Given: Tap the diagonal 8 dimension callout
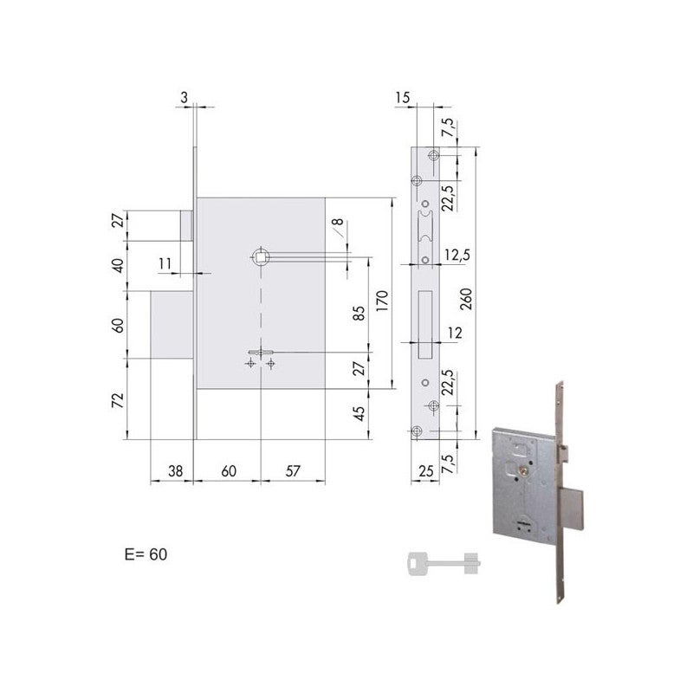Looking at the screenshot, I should click(x=338, y=228).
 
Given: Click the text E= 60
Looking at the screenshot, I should click(x=146, y=554).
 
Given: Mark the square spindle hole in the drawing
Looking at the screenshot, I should click(x=260, y=256).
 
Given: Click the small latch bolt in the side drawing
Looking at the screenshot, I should click(x=185, y=223).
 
